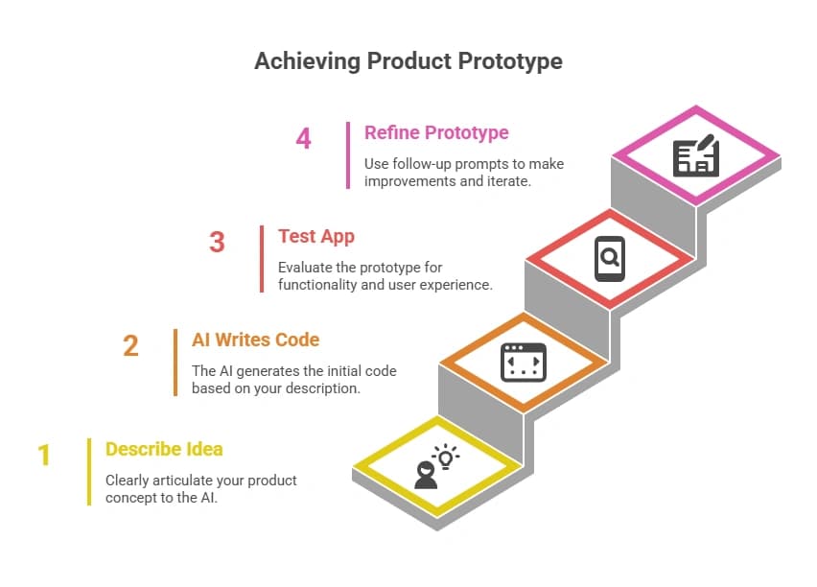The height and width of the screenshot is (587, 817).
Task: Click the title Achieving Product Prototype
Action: click(408, 61)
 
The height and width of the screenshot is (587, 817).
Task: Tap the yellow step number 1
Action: click(44, 455)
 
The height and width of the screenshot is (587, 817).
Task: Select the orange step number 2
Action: click(130, 345)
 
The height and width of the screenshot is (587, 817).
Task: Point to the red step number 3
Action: click(217, 242)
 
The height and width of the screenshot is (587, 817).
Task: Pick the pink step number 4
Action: click(303, 138)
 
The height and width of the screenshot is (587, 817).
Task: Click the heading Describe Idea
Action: click(164, 449)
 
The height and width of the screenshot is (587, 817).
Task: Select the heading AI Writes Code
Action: click(255, 340)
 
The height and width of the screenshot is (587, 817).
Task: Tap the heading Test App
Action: click(316, 236)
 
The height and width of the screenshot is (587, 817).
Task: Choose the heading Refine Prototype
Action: click(436, 132)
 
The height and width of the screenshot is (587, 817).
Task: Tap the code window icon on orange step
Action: click(523, 364)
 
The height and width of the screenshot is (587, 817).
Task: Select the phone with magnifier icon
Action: click(609, 258)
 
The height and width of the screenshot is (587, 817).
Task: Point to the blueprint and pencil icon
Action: click(695, 155)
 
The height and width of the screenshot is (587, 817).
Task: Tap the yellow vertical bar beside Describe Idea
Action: click(89, 471)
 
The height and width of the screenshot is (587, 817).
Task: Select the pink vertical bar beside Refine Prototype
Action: click(348, 154)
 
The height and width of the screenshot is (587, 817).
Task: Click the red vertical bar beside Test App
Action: click(262, 258)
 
